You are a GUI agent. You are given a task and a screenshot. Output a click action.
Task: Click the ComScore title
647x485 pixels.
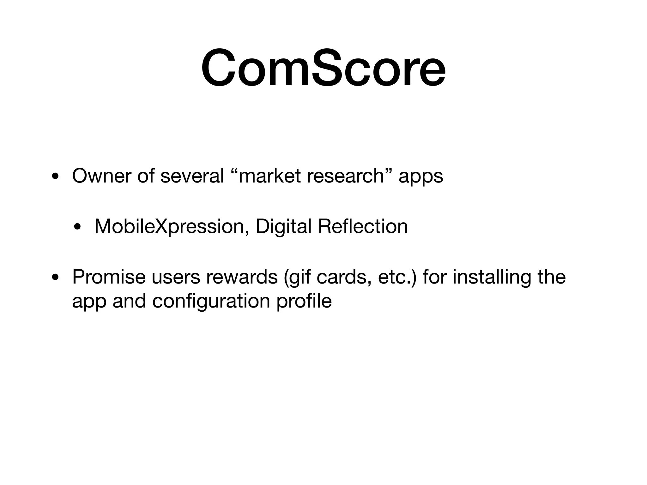tap(323, 68)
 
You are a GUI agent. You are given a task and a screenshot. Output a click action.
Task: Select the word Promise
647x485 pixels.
tap(109, 277)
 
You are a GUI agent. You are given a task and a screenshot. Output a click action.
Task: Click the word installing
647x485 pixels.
tap(492, 278)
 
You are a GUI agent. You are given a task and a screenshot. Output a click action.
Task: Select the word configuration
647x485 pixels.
tap(211, 302)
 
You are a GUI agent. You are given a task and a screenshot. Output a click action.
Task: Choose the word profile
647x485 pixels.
tap(304, 302)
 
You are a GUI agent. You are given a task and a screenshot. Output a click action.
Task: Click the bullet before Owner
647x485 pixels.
tap(55, 176)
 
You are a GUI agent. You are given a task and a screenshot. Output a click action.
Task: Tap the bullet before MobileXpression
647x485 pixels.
tap(77, 227)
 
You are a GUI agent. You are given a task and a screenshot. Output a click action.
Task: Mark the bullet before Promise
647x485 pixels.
tap(55, 278)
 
